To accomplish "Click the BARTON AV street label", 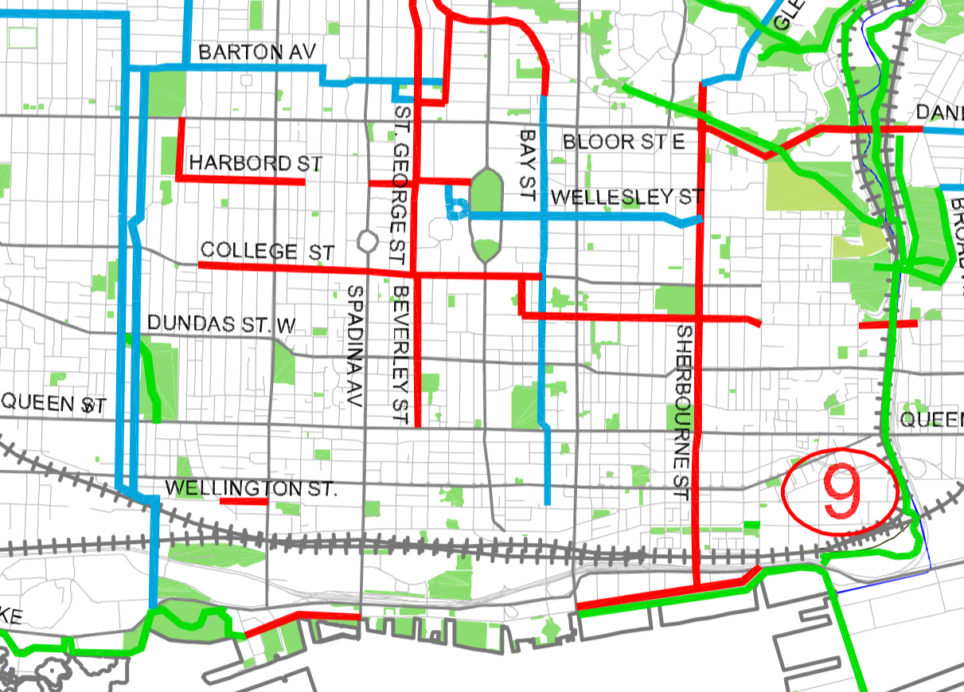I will click(x=251, y=53).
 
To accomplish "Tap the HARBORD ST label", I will click(x=256, y=163).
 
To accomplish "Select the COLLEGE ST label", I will click(x=267, y=251).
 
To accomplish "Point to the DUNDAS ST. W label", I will click(x=222, y=324).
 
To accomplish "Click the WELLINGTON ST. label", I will click(x=251, y=487).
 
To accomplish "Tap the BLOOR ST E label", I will click(x=623, y=143).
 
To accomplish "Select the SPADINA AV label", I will click(x=355, y=346).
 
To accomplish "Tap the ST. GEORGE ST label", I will click(x=400, y=184).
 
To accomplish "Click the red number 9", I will click(x=841, y=491).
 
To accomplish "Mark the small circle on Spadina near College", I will click(x=367, y=240).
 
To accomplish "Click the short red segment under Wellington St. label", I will click(x=244, y=502).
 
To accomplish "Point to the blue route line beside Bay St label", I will click(x=542, y=239).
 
